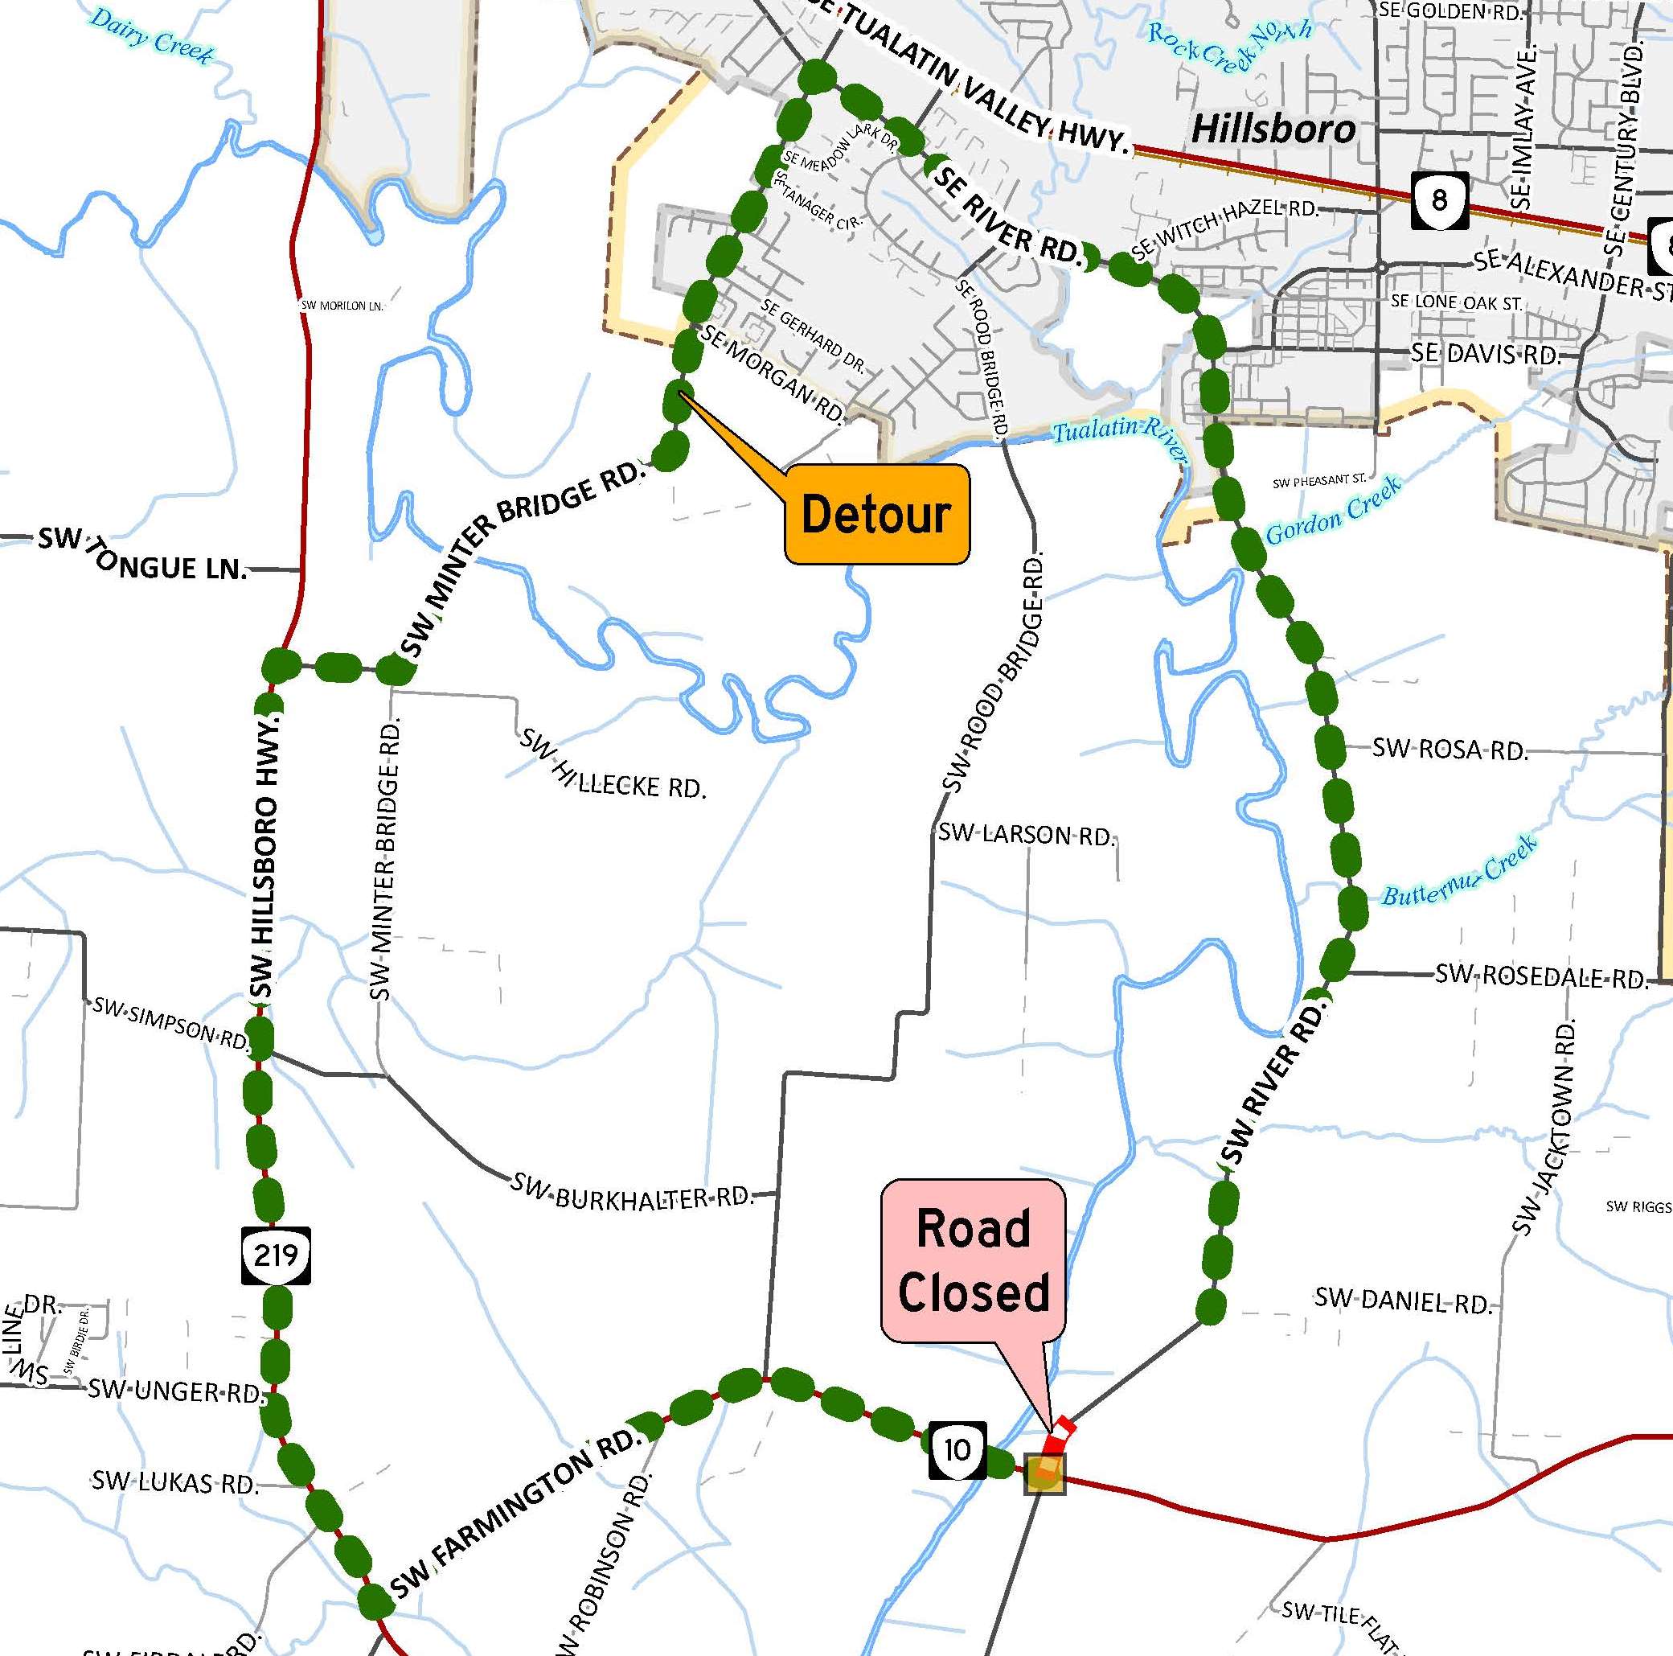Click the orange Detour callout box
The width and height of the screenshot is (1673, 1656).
tap(876, 514)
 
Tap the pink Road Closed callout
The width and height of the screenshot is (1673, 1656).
tap(973, 1260)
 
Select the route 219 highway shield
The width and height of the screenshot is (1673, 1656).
tap(276, 1255)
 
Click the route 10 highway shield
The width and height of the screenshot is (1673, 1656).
tap(957, 1449)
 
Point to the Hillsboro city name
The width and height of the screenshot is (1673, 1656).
tap(1273, 129)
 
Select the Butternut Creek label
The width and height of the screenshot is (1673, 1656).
tap(1458, 871)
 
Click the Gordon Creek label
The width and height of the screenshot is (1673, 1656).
tap(1333, 511)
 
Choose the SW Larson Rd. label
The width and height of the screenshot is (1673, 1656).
tap(1027, 835)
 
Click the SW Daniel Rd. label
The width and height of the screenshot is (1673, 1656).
tap(1403, 1300)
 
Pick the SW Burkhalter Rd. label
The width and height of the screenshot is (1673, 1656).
tap(632, 1194)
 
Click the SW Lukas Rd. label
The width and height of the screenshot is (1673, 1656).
tap(176, 1483)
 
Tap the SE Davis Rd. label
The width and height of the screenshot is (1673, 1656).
tap(1485, 353)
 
